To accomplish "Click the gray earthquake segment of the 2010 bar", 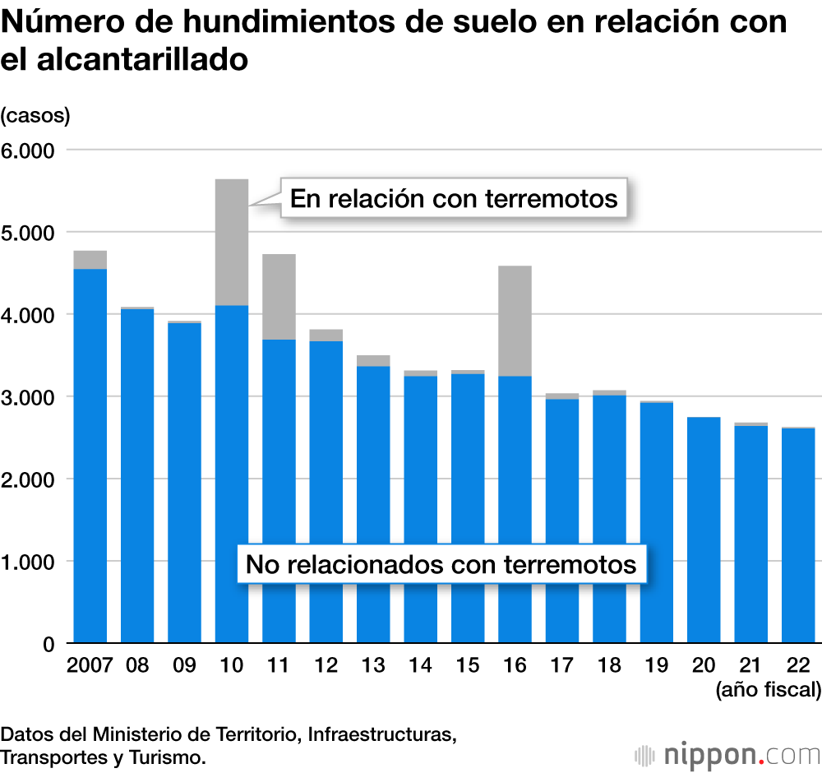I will [x=232, y=242].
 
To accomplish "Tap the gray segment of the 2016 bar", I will [x=515, y=321].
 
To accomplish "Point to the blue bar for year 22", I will [x=798, y=535].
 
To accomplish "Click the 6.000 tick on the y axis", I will [x=27, y=151].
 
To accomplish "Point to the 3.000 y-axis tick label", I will [x=27, y=398].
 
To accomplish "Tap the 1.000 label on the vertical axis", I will [x=27, y=562].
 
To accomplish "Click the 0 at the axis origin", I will [x=48, y=645].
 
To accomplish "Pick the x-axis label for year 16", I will [x=515, y=665].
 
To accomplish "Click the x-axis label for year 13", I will [x=373, y=665].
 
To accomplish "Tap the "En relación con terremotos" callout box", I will [x=454, y=198].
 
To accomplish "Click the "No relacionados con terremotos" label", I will [x=441, y=564].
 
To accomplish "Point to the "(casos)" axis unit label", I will [x=35, y=116].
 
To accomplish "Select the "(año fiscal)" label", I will [x=769, y=689].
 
